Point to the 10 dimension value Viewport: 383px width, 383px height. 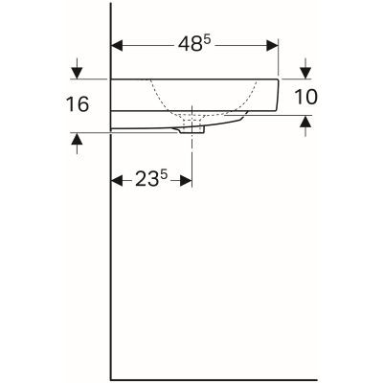pyautogui.click(x=304, y=97)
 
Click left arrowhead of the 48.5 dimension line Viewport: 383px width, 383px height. pyautogui.click(x=120, y=44)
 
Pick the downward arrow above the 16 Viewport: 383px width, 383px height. pyautogui.click(x=77, y=71)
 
